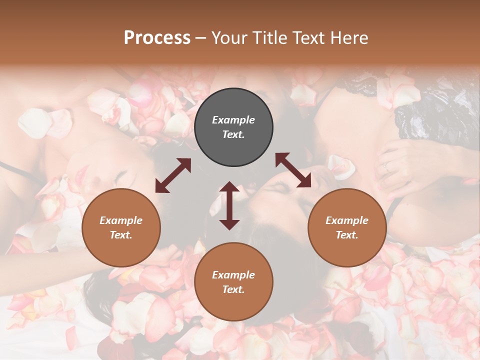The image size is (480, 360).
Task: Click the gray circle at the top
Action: tap(233, 127)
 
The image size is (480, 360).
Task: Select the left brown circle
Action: tap(121, 228)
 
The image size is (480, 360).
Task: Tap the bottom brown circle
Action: tap(233, 282)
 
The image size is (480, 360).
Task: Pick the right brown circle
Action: tap(347, 228)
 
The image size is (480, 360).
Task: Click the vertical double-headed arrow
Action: tap(229, 205)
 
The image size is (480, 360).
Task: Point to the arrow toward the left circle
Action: tap(173, 175)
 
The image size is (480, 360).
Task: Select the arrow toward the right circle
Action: tap(293, 170)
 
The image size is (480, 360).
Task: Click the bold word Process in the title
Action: tap(157, 37)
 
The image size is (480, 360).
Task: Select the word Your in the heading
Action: tap(227, 37)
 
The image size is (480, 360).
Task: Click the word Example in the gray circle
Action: tap(233, 120)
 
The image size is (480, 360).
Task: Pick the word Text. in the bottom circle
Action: tap(233, 289)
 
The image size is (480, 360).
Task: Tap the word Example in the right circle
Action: tap(347, 220)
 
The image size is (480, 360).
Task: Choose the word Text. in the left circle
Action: tap(121, 235)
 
